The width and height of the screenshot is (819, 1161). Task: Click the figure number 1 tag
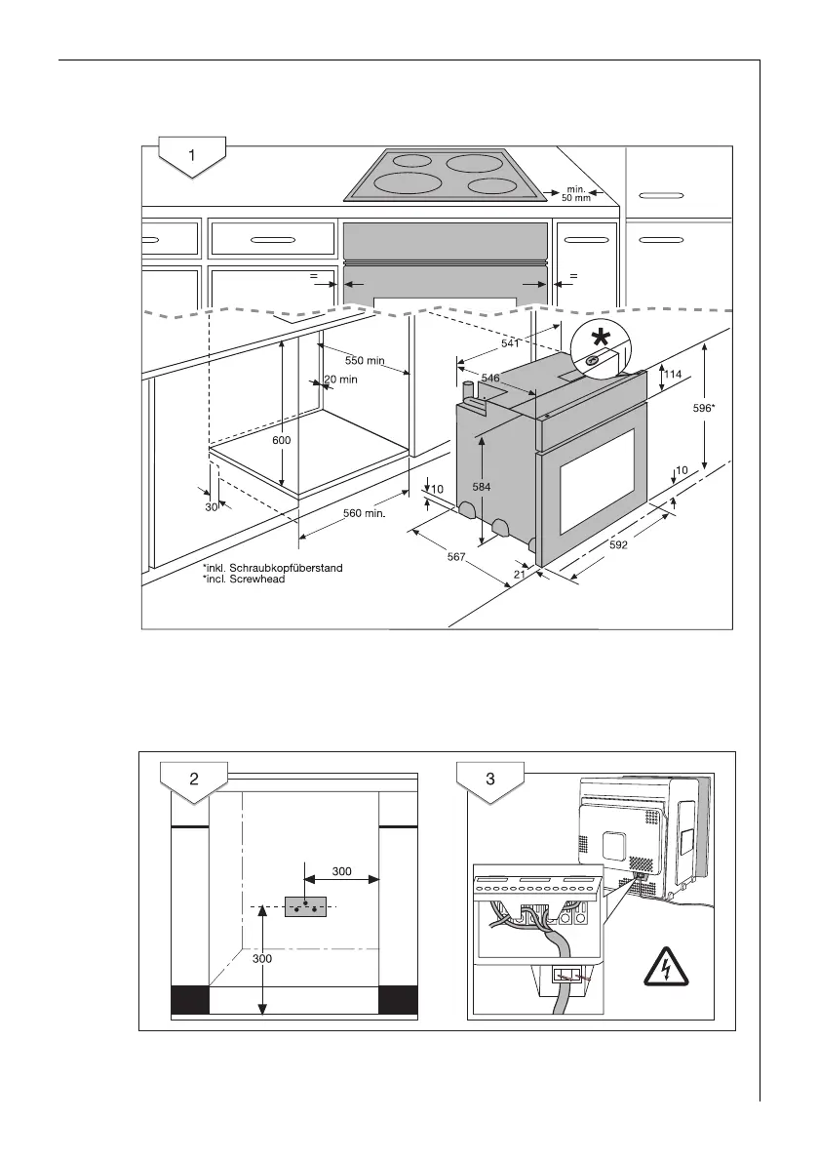[192, 155]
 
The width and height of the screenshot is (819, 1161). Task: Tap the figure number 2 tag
[194, 779]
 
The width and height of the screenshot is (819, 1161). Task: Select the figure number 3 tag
[490, 779]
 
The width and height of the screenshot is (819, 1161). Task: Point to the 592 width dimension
[619, 544]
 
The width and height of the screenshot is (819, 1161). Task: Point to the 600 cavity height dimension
[281, 439]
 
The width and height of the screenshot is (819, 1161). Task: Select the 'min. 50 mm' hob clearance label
[576, 192]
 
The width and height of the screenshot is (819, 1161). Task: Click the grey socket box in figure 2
[305, 907]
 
